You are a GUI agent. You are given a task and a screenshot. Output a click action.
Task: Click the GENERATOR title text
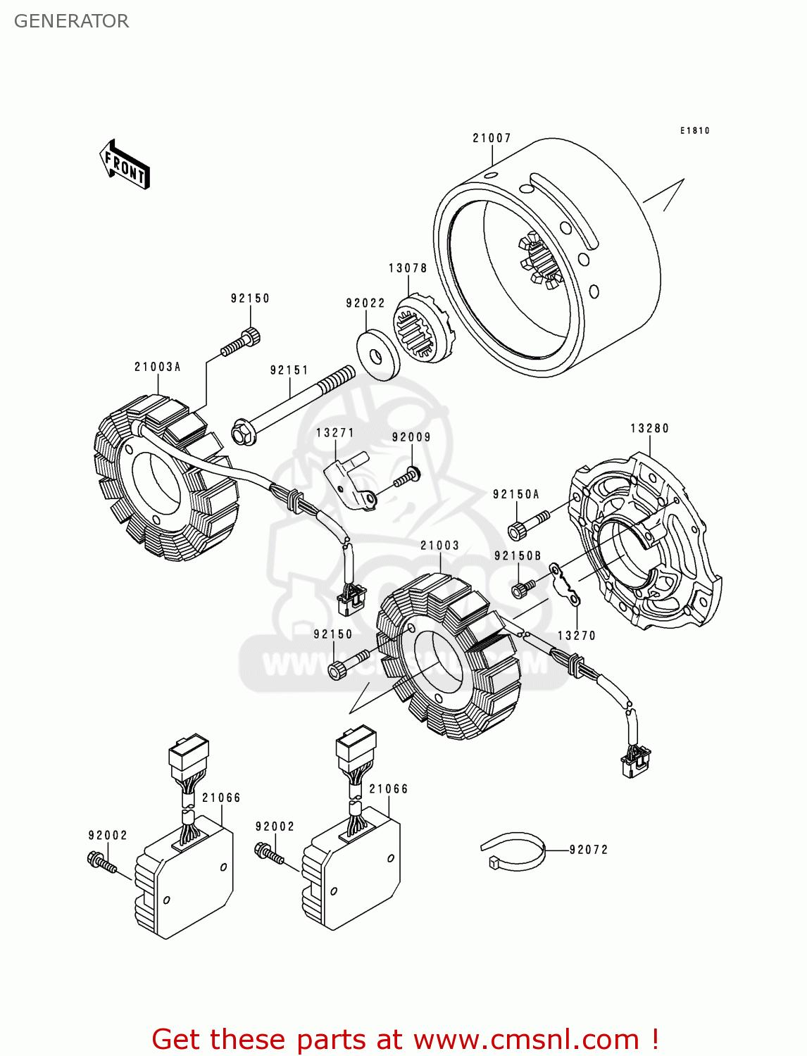point(71,21)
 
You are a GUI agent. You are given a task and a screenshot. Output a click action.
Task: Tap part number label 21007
point(492,138)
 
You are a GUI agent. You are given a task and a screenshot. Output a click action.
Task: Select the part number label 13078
point(408,268)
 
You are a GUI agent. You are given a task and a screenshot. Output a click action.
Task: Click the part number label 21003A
point(158,367)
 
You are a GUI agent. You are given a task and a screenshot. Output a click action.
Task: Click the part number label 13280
point(649,428)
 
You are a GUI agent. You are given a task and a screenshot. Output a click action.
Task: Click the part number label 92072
point(588,850)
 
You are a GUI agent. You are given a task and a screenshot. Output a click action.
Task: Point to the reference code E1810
point(694,130)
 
